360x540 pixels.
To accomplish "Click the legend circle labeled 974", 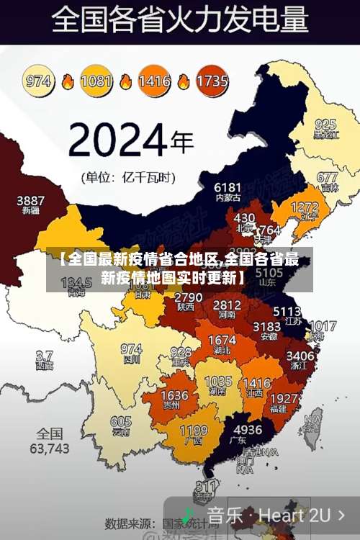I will pos(40,80).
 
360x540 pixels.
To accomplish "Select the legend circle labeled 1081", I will pos(96,80).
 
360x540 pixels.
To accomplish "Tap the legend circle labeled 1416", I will pos(154,80).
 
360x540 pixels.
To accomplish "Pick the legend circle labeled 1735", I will pos(212,80).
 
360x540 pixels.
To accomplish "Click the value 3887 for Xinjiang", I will pos(31,200).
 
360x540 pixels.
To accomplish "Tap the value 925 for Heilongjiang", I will pos(325,124).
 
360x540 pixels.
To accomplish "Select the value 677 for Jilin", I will pos(327,177).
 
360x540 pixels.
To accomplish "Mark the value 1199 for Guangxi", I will pos(194,431).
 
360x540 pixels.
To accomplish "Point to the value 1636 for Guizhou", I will pos(174,395).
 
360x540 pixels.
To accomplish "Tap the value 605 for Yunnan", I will pos(121,422).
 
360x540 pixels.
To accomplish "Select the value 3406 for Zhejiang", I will pos(300,355).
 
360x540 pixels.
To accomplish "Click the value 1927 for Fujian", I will pos(287,399).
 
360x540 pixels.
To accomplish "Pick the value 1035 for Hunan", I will pos(218,382).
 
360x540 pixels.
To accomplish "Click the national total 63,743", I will pos(50,448).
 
